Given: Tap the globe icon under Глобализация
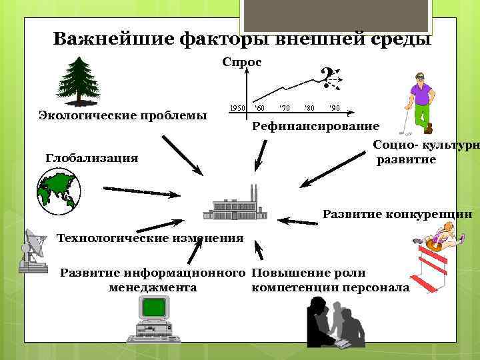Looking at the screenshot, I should tap(59, 191).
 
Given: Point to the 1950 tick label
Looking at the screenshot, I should tap(237, 107).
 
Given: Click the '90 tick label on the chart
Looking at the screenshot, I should tap(334, 107).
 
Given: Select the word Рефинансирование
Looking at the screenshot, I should tap(315, 126).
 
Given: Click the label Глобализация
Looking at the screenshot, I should tap(92, 158).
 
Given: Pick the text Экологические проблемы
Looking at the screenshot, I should tap(123, 115).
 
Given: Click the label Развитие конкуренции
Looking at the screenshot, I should tap(397, 215).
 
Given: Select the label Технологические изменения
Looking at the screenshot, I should tap(150, 238).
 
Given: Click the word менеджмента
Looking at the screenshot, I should tap(152, 288).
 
